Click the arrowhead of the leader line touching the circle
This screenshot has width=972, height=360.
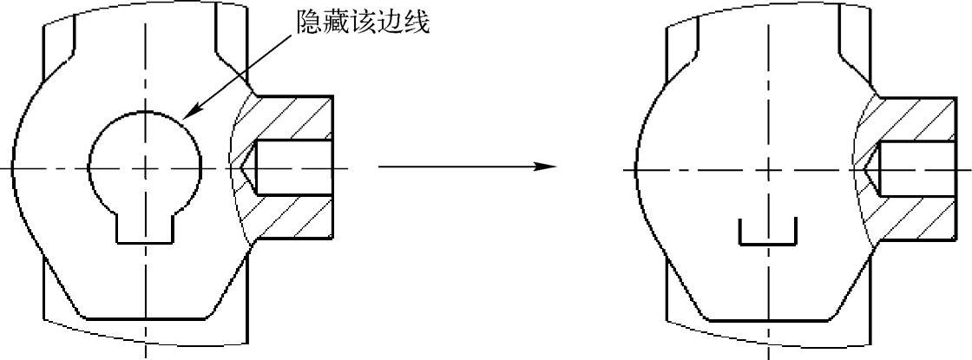tap(192, 114)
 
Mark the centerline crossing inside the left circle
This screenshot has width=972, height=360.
tap(146, 167)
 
